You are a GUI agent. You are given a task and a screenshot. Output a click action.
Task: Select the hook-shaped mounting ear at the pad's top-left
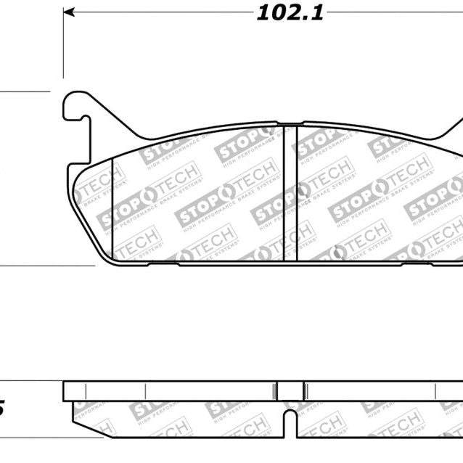pyautogui.click(x=76, y=105)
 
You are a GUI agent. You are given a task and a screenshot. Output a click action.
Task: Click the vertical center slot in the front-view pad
pyautogui.click(x=290, y=192)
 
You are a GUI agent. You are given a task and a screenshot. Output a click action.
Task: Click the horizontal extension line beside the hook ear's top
pyautogui.click(x=25, y=91)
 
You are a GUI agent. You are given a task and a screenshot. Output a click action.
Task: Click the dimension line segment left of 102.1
pyautogui.click(x=160, y=12)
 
